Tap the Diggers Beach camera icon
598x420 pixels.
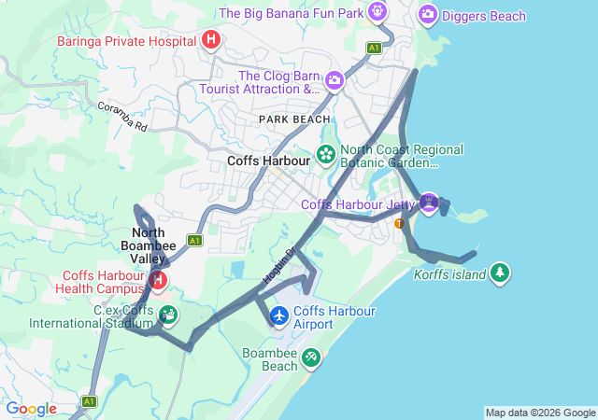428,14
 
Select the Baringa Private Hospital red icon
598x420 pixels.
211,39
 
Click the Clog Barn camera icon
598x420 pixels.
334,82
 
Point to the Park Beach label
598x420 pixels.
294,119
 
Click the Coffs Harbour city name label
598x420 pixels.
268,161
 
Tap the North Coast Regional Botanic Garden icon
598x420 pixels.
326,154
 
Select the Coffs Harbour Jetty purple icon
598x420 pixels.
429,203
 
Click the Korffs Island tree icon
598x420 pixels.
501,272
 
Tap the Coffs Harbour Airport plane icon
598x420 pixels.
278,315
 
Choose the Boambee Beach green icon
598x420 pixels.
310,357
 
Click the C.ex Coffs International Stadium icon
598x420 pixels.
168,315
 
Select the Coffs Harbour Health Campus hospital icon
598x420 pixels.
159,278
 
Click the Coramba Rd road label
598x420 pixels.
122,116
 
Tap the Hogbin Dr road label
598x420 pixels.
278,265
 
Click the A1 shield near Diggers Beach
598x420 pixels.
374,48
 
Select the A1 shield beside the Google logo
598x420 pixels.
89,402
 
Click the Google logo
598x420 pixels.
31,409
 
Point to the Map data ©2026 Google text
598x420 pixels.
540,413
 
